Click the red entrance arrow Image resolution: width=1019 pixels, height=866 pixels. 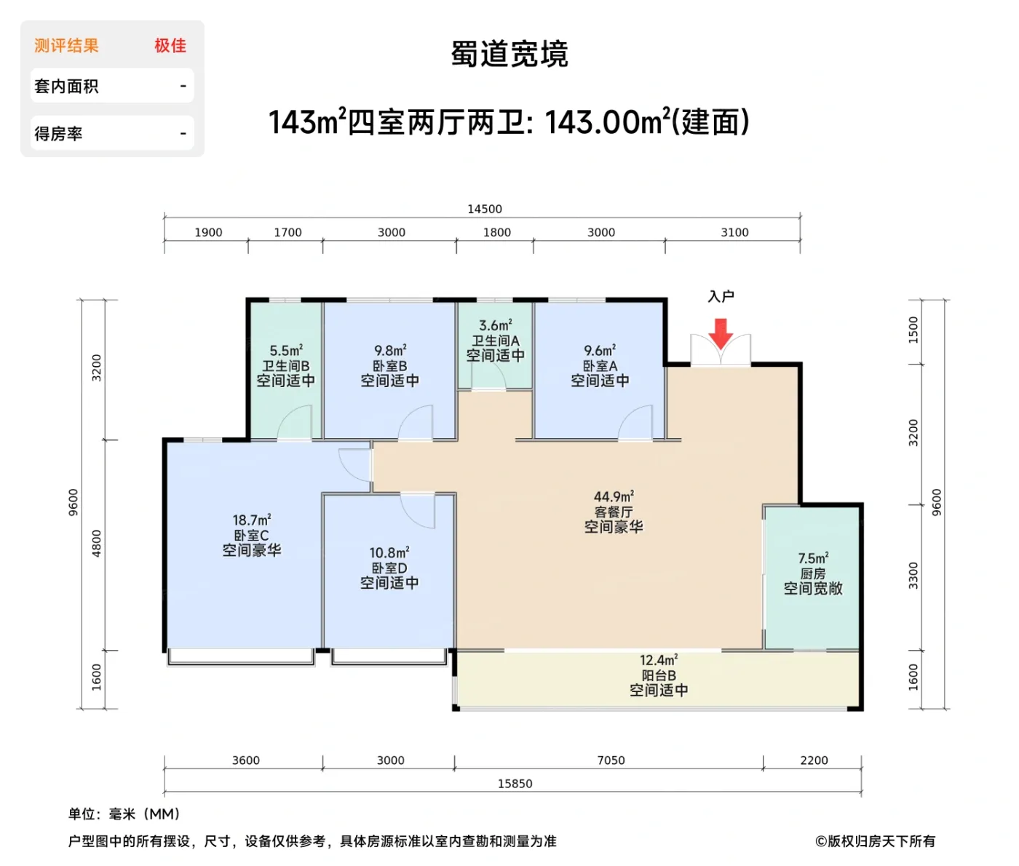721,334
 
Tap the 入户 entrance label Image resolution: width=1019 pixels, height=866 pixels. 721,296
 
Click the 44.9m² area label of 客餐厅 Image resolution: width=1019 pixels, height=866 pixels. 613,497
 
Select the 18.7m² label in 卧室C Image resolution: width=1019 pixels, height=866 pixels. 251,520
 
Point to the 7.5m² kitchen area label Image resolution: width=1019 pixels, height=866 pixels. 812,558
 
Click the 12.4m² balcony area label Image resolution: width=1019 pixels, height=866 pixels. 658,660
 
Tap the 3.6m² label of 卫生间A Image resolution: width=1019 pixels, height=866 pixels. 495,325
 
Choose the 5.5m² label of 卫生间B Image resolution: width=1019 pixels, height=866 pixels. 285,351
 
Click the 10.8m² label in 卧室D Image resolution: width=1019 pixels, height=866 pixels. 389,553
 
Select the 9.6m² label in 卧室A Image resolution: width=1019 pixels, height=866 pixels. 599,351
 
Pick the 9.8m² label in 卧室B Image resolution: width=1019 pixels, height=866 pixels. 389,351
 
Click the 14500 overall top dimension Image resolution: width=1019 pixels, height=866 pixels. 484,209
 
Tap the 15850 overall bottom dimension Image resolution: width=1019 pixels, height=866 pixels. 515,784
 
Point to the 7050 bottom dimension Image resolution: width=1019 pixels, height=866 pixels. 611,760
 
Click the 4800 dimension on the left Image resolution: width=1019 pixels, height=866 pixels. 97,544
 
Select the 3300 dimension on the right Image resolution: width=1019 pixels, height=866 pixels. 913,576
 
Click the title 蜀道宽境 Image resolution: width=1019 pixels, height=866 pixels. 509,55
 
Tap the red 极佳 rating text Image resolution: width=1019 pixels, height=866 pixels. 170,46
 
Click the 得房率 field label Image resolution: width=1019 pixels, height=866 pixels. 58,134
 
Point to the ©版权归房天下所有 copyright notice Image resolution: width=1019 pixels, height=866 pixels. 875,841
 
